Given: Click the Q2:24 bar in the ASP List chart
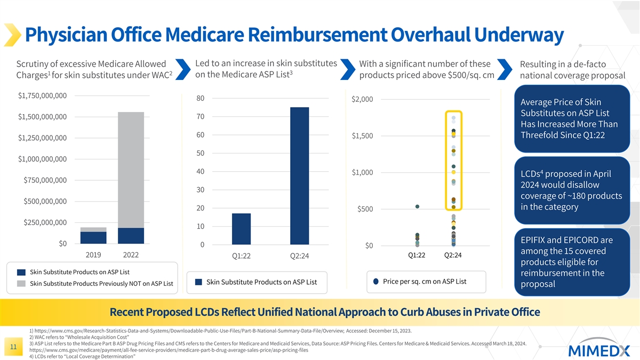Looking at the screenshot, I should click(x=299, y=175).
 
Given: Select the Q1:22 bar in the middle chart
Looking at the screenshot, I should click(x=242, y=229).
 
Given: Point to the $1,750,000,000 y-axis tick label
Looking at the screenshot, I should click(x=42, y=96).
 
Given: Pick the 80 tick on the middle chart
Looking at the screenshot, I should click(x=201, y=99).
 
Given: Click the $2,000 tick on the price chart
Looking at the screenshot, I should click(x=363, y=100).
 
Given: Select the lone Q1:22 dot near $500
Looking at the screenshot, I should click(x=417, y=206).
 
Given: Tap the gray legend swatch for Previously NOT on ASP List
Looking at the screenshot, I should click(x=21, y=283).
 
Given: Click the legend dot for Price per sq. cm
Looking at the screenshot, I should click(x=376, y=282).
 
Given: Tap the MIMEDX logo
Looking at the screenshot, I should click(x=599, y=350).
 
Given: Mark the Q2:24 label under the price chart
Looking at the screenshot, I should click(x=452, y=255).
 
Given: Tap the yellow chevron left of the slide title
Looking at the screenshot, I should click(x=12, y=35).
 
